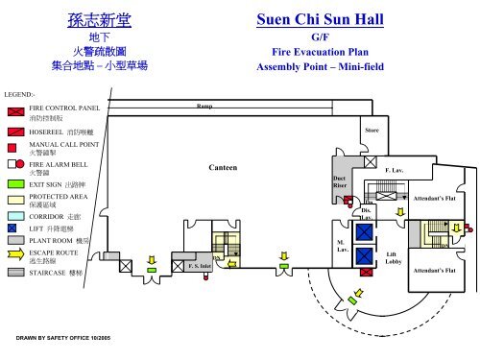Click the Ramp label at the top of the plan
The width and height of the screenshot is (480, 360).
tap(204, 107)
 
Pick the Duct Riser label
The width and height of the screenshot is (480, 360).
tap(339, 181)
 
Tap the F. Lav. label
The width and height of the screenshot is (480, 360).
tap(394, 170)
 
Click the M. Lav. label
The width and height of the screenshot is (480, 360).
tap(340, 245)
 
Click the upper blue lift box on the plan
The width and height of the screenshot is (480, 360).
tap(364, 229)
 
